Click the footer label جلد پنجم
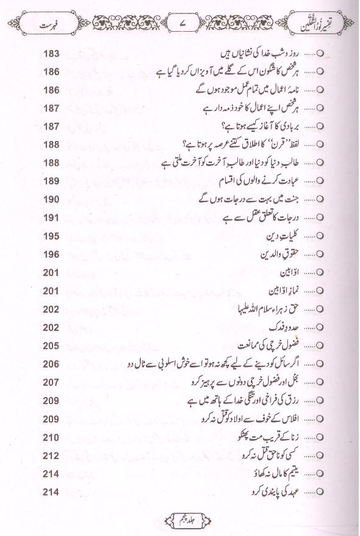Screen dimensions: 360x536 (x=182, y=520)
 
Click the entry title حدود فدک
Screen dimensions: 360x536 (x=298, y=328)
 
